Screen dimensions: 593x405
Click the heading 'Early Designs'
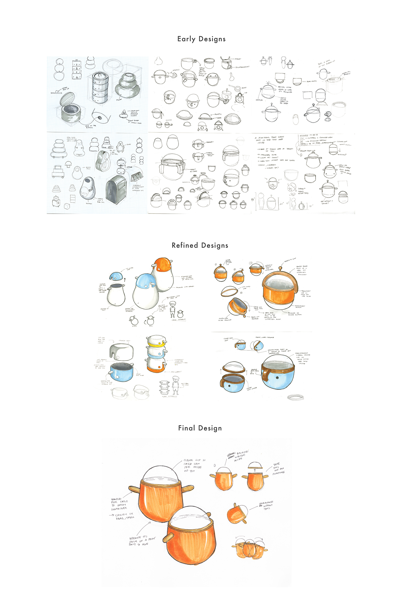[x=201, y=39]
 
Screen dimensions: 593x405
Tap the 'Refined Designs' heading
[x=200, y=245]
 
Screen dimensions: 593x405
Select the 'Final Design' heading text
[x=200, y=428]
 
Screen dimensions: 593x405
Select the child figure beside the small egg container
[x=173, y=310]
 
